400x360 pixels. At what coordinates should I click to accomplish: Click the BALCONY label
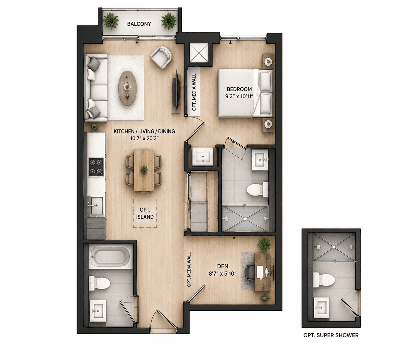pos(139,24)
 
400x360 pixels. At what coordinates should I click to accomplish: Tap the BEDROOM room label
pos(239,89)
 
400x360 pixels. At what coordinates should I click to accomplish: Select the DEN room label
pos(223,266)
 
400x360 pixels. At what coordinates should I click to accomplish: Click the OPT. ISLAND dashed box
pos(145,213)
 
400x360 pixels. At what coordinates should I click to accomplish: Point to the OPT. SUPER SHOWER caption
pos(331,335)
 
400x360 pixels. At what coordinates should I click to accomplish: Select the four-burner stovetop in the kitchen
pos(96,167)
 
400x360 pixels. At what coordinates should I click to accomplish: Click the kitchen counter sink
pos(97,206)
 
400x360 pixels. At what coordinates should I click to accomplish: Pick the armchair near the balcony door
pos(161,57)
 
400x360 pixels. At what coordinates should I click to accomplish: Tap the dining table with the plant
pos(144,170)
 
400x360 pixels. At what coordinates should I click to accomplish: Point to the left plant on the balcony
pos(111,21)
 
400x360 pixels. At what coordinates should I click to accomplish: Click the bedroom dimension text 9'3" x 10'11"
pos(239,97)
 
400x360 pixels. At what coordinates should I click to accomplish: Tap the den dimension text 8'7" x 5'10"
pos(223,274)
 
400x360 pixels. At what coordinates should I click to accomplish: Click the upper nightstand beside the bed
pos(268,62)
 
